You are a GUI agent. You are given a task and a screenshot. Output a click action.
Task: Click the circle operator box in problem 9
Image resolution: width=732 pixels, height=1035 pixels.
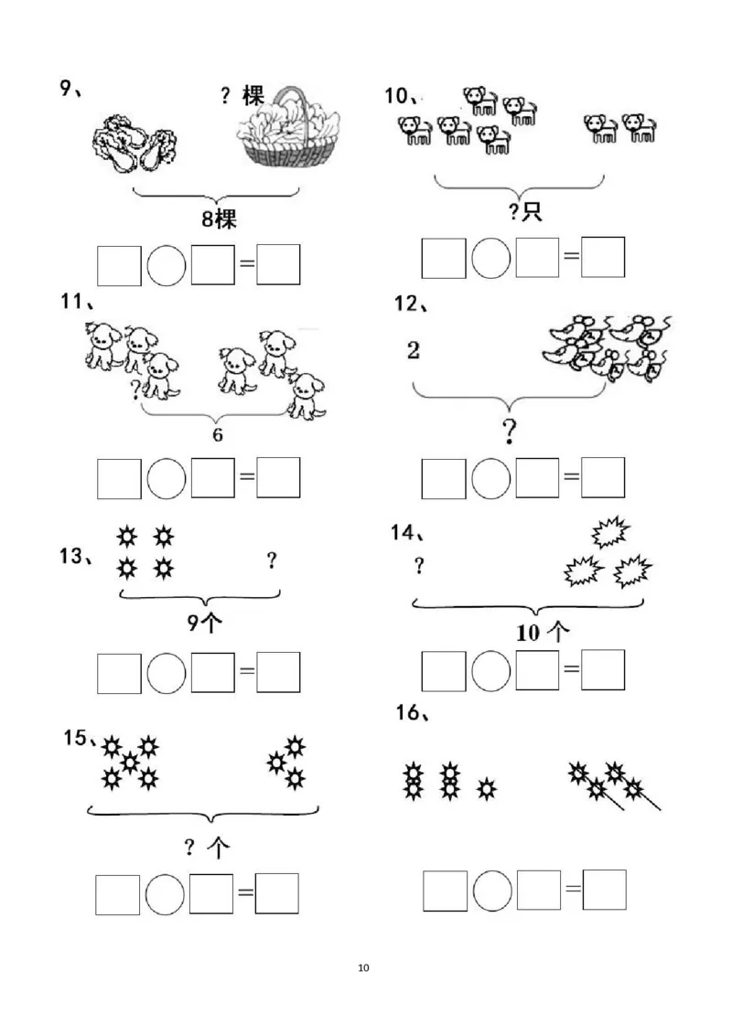pyautogui.click(x=167, y=265)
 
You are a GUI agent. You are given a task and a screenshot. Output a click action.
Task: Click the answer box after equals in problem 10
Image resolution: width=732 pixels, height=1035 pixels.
pyautogui.click(x=603, y=257)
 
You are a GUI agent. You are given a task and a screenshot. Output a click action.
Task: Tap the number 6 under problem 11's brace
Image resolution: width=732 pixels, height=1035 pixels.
pyautogui.click(x=218, y=434)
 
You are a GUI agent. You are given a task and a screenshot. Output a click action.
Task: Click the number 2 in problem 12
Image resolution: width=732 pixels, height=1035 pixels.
pyautogui.click(x=414, y=349)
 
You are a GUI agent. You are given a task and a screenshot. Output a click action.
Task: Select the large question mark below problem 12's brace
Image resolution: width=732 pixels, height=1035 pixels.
pyautogui.click(x=510, y=431)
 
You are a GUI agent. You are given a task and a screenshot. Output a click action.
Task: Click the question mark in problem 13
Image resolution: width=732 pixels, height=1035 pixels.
pyautogui.click(x=272, y=560)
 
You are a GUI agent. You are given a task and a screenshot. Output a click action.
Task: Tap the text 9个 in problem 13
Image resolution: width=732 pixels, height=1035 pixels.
pyautogui.click(x=205, y=624)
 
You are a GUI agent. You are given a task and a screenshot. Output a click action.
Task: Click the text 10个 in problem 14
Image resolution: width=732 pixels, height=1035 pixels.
pyautogui.click(x=544, y=631)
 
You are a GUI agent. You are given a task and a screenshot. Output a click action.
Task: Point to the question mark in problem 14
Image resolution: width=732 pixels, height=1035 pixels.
pyautogui.click(x=419, y=566)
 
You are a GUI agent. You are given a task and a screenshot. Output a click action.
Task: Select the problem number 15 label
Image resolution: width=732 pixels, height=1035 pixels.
pyautogui.click(x=77, y=738)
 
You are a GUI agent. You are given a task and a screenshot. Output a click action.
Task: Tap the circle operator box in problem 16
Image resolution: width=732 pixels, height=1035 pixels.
pyautogui.click(x=493, y=891)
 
